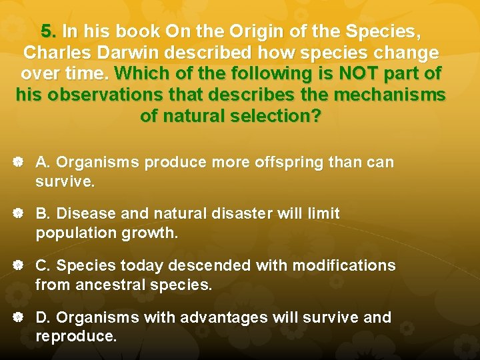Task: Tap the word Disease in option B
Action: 87,214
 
